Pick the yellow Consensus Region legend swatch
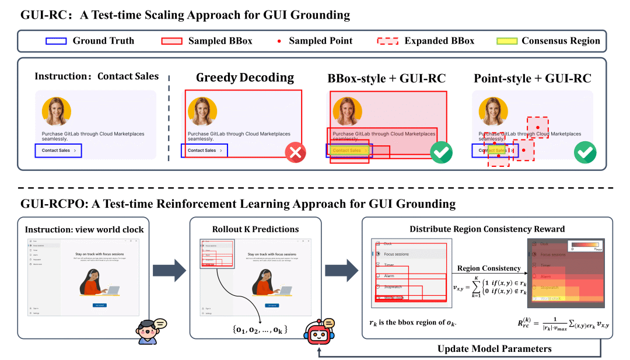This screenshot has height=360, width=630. pos(506,41)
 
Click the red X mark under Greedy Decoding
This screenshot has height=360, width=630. pos(296,153)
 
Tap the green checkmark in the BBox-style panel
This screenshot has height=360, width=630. pos(441,153)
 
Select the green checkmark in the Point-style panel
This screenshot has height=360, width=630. pos(584,153)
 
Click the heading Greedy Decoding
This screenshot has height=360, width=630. pos(244,78)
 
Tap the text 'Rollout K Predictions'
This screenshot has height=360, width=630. pos(255,229)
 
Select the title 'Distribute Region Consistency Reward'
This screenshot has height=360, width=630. pos(487,229)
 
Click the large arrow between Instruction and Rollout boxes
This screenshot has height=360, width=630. pos(168,270)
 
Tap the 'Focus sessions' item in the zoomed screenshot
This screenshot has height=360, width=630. pos(396,254)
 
